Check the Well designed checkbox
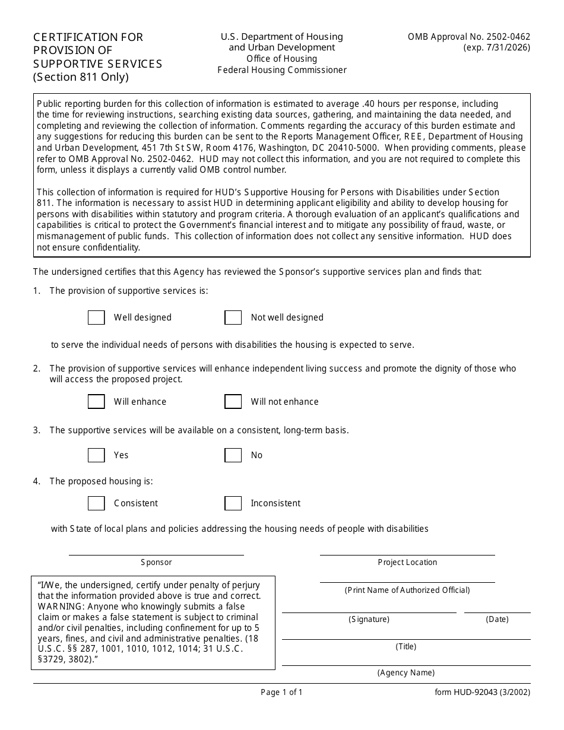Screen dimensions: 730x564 coord(96,318)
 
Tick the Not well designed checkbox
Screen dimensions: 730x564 coord(233,318)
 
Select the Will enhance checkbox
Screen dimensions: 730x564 coord(96,402)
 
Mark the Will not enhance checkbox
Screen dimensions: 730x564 coord(233,402)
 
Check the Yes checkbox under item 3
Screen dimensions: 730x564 coord(96,455)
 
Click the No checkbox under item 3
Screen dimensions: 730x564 coord(233,455)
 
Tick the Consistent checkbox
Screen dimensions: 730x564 coord(96,503)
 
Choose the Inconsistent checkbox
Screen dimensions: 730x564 coord(233,503)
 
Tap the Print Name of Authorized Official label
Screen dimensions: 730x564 coord(407,590)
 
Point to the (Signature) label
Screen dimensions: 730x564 coord(369,619)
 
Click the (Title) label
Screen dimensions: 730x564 coord(406,646)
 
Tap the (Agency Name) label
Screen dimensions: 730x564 coord(406,672)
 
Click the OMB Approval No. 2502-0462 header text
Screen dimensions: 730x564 coord(469,37)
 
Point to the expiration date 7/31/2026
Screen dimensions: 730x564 coord(508,47)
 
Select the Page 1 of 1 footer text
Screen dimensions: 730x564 coord(281,692)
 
